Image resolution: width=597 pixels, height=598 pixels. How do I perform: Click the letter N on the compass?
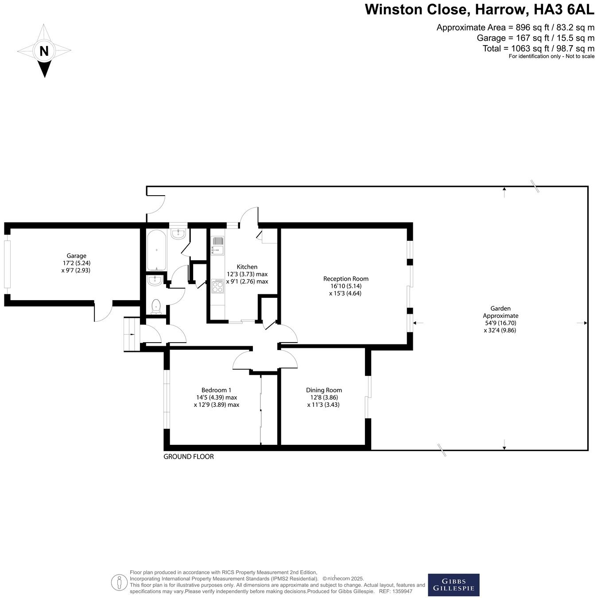pyautogui.click(x=44, y=51)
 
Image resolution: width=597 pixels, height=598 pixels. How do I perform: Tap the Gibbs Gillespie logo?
pyautogui.click(x=453, y=585)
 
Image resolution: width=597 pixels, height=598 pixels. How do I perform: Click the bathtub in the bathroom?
pyautogui.click(x=157, y=250)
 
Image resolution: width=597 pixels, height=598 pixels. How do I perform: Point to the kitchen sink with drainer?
pyautogui.click(x=217, y=246)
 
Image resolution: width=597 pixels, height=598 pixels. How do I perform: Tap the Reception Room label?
pyautogui.click(x=345, y=278)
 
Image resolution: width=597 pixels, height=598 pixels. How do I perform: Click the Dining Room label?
pyautogui.click(x=324, y=390)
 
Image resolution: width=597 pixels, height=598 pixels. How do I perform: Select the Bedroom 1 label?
pyautogui.click(x=216, y=390)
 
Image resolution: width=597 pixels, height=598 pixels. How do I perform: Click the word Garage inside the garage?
pyautogui.click(x=76, y=255)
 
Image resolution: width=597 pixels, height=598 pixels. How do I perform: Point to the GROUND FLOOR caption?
pyautogui.click(x=189, y=456)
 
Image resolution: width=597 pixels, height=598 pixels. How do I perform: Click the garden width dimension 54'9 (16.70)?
pyautogui.click(x=500, y=323)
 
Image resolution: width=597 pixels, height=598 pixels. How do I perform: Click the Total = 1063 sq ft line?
pyautogui.click(x=538, y=48)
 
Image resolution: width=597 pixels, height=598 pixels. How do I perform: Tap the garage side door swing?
pyautogui.click(x=103, y=313)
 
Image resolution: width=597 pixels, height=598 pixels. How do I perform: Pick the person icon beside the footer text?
pyautogui.click(x=119, y=582)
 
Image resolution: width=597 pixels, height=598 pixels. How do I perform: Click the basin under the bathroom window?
pyautogui.click(x=178, y=234)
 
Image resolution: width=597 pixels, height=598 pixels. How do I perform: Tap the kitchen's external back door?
pyautogui.click(x=249, y=217)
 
